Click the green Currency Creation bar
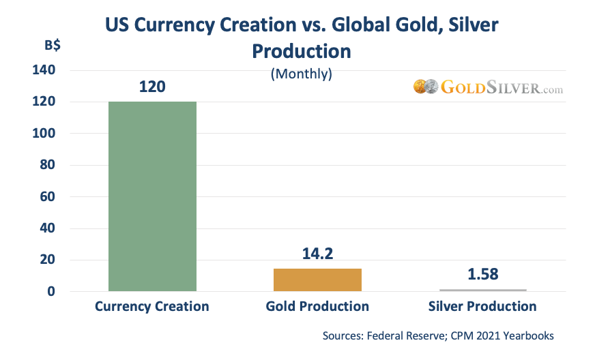[x=152, y=196]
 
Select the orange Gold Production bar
[x=317, y=280]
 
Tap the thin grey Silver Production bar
[x=482, y=290]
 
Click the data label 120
[x=152, y=87]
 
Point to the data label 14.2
[x=317, y=254]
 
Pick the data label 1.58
[x=482, y=275]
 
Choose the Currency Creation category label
[x=152, y=307]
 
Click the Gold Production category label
[x=317, y=307]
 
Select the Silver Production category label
[x=482, y=307]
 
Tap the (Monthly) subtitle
[x=302, y=74]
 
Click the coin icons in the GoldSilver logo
[x=425, y=87]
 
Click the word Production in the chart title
[x=301, y=51]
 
